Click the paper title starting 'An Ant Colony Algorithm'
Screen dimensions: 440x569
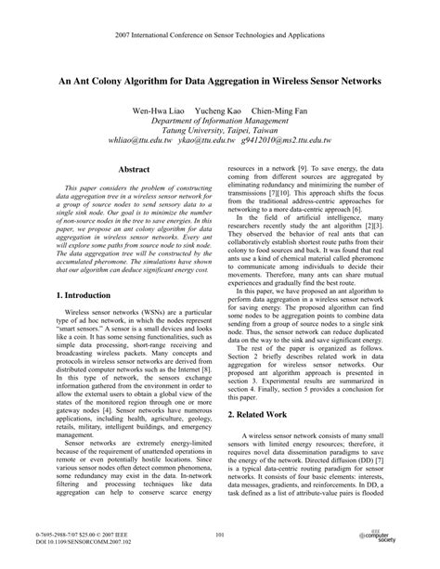click(220, 82)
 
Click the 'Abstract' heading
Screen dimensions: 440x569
click(134, 170)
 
